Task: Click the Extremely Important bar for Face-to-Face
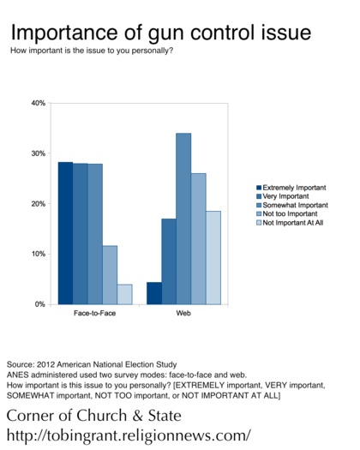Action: pos(65,233)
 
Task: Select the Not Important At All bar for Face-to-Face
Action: pos(124,295)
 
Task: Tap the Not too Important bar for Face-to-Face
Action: pos(110,275)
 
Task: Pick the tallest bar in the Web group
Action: pos(183,219)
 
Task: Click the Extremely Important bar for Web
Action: pos(154,293)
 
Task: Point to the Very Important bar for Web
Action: pos(169,261)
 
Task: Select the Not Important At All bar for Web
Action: pos(213,258)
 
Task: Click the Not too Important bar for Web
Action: pos(199,239)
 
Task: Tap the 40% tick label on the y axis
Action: pos(39,103)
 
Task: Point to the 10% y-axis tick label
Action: pos(39,254)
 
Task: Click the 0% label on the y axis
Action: pos(40,304)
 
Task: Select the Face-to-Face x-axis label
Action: pos(95,313)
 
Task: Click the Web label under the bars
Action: pos(183,313)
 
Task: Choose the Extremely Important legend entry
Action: pos(291,188)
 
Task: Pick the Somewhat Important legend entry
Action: pos(292,205)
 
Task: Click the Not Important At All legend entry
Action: pos(290,223)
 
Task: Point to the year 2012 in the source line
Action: pos(46,364)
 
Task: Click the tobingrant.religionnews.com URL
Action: pos(129,435)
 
